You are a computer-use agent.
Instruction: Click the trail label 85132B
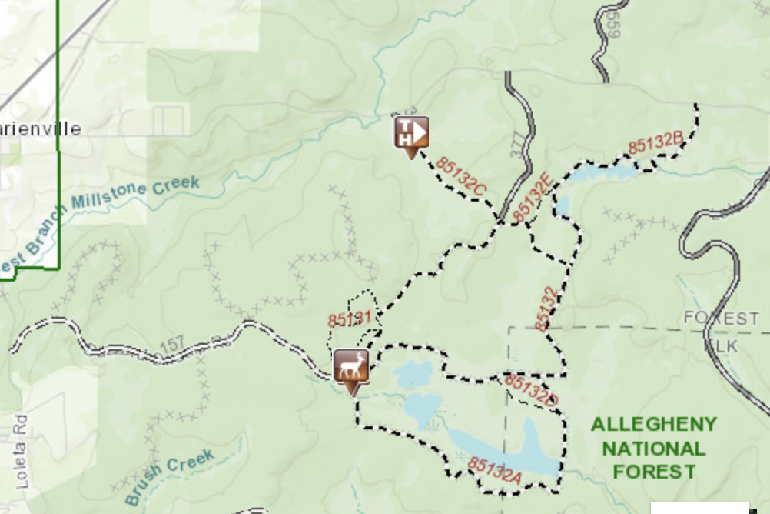click(x=655, y=143)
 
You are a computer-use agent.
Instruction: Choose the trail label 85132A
click(x=495, y=471)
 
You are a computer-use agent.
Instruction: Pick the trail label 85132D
click(x=530, y=389)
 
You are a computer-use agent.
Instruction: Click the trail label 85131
click(x=350, y=319)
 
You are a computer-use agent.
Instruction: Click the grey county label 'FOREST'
click(x=721, y=318)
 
